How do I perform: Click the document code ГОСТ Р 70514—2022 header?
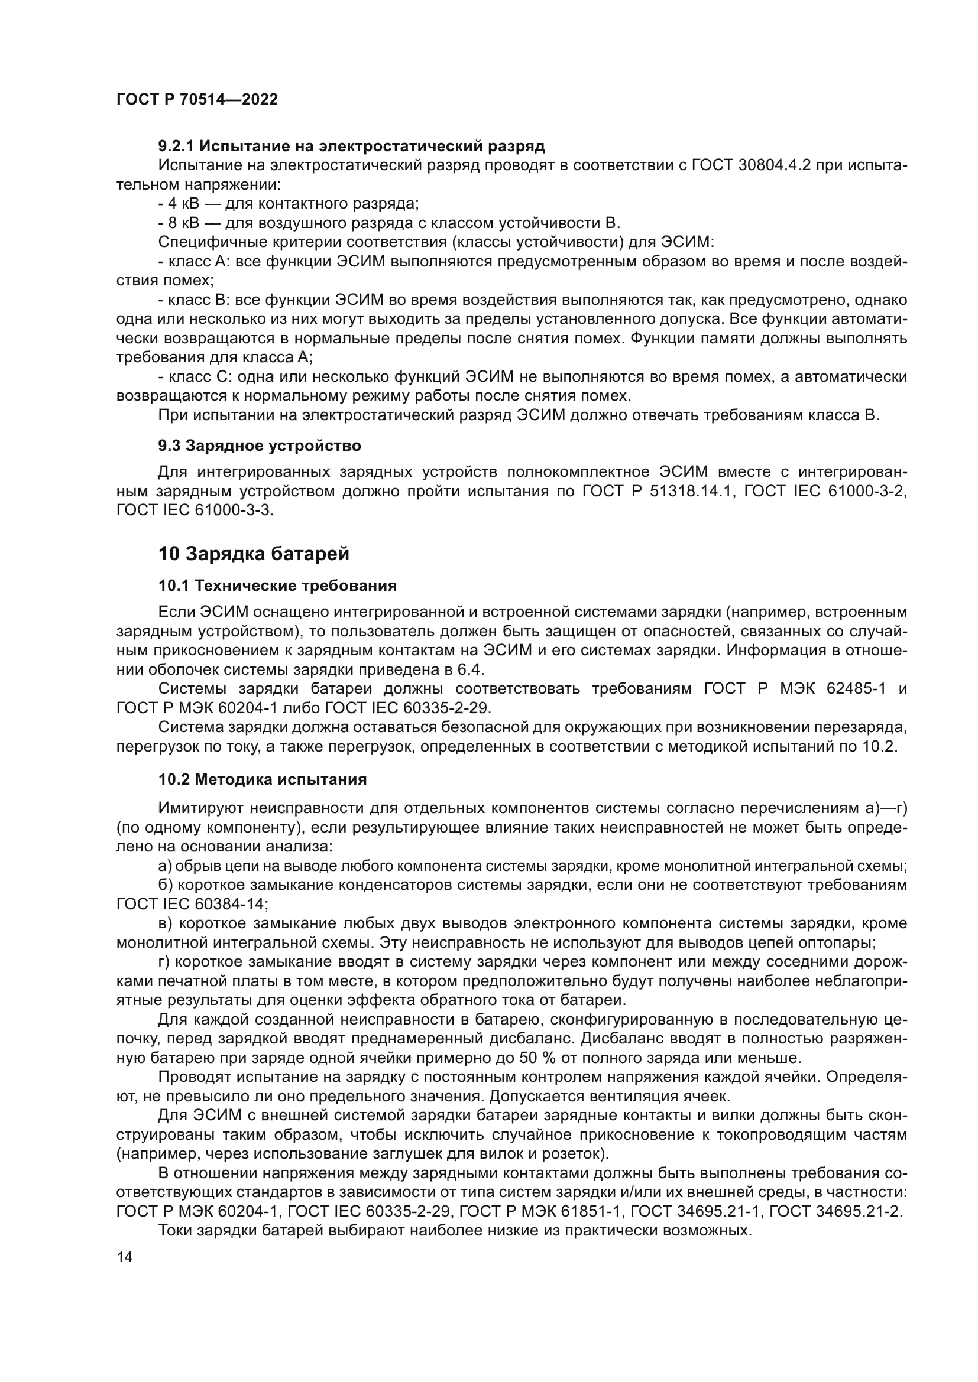coord(197,100)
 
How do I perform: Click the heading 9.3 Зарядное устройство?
coord(260,446)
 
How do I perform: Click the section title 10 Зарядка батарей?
coord(254,554)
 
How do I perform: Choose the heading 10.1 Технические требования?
coord(278,586)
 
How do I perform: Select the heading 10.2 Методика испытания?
coord(263,779)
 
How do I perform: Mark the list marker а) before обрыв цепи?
coord(164,866)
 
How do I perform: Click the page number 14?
coord(125,1240)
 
